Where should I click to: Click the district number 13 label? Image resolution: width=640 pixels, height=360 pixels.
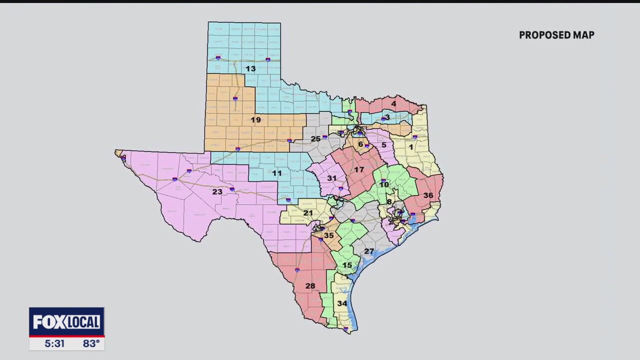[x=250, y=68]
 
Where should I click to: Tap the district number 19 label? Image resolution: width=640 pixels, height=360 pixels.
[x=255, y=120]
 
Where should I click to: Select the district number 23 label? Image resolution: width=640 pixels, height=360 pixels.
[x=217, y=191]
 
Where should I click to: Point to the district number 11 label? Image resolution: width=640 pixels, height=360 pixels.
[x=276, y=173]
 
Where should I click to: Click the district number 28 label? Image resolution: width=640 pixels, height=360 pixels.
[x=310, y=286]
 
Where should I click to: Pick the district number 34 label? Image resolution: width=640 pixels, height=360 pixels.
[x=342, y=303]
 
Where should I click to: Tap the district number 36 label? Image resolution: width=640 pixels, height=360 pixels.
[x=428, y=195]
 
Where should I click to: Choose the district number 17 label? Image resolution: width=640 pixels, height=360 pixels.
[x=359, y=170]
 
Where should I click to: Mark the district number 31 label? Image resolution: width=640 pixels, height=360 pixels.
[x=332, y=178]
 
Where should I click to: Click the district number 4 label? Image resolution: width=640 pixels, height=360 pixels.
[x=393, y=104]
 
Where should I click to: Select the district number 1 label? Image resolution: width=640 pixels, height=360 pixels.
[x=411, y=147]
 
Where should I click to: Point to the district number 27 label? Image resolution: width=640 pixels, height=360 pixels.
[x=369, y=251]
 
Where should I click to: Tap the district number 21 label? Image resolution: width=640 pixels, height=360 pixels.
[x=308, y=213]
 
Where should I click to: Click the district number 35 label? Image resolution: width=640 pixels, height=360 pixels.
[x=328, y=235]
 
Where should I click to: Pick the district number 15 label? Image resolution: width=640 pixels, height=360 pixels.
[x=347, y=265]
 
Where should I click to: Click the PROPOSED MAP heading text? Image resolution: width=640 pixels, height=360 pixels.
[x=556, y=35]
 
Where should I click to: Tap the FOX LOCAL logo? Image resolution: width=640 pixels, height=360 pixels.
[x=66, y=322]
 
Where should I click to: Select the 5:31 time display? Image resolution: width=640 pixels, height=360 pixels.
[x=54, y=343]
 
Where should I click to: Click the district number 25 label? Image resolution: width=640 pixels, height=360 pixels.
[x=315, y=139]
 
